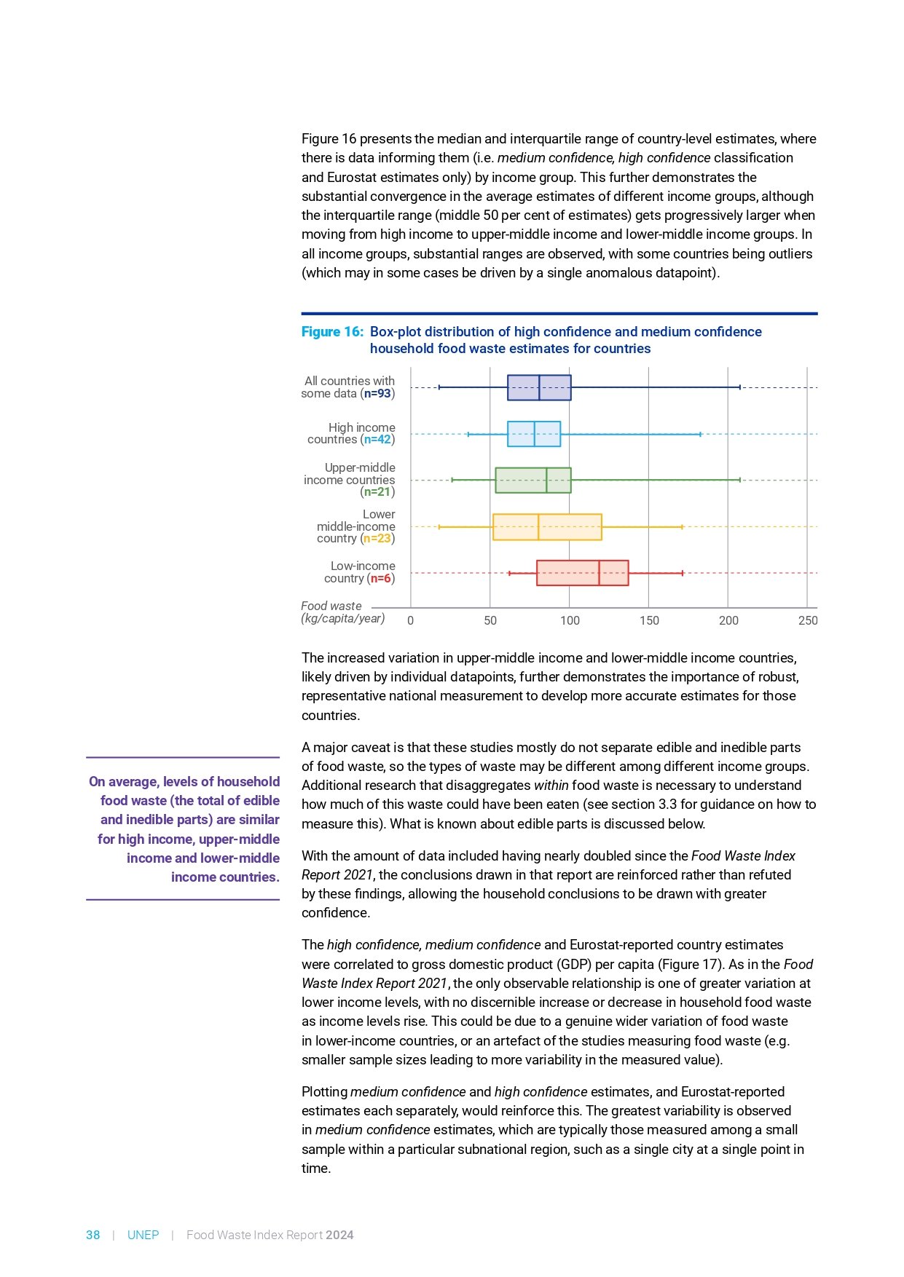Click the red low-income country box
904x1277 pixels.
pyautogui.click(x=582, y=573)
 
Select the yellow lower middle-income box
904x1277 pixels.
pyautogui.click(x=547, y=527)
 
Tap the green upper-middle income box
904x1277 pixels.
pyautogui.click(x=532, y=481)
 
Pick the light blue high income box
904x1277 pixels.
pyautogui.click(x=534, y=434)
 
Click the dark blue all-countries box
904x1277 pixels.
pyautogui.click(x=539, y=387)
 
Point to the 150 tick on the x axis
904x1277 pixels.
pyautogui.click(x=649, y=620)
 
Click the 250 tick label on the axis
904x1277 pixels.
pyautogui.click(x=808, y=620)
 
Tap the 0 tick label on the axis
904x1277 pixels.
pyautogui.click(x=411, y=620)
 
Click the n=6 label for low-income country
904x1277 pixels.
pyautogui.click(x=381, y=578)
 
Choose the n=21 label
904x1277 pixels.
pyautogui.click(x=377, y=492)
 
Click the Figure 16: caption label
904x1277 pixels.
pyautogui.click(x=331, y=332)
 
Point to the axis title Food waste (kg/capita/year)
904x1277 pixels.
pyautogui.click(x=342, y=612)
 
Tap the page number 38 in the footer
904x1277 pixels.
pyautogui.click(x=93, y=1235)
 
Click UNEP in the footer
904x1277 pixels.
pyautogui.click(x=143, y=1235)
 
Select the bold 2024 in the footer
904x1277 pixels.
pyautogui.click(x=339, y=1235)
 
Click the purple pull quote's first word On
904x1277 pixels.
pyautogui.click(x=97, y=782)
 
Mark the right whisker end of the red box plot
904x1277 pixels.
pyautogui.click(x=683, y=573)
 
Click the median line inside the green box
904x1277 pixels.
pyautogui.click(x=546, y=481)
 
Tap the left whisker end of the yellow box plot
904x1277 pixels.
pyautogui.click(x=439, y=526)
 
